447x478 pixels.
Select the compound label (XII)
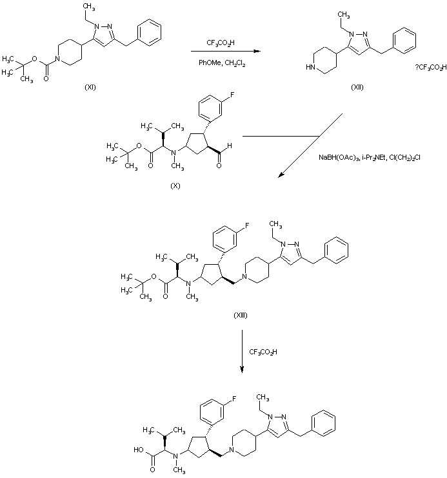357,86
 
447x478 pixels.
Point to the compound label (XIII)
240,315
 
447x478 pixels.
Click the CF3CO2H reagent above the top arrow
221,43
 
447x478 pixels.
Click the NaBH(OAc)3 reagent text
338,157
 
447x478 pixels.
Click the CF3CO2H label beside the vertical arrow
264,352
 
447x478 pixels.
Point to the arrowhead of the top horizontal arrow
261,51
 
